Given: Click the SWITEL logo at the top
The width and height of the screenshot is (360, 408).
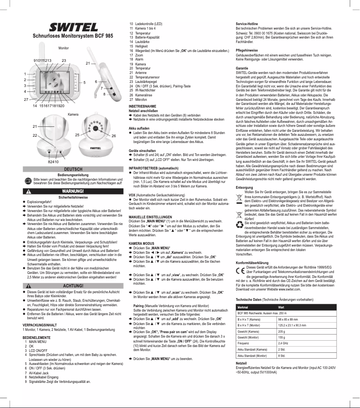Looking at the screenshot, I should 73,26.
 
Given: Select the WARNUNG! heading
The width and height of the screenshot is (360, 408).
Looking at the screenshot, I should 73,191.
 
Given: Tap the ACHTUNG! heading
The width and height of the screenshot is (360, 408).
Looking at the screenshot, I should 73,286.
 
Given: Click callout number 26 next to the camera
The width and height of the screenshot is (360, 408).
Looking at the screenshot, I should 114,135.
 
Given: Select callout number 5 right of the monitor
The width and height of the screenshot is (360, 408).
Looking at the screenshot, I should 84,82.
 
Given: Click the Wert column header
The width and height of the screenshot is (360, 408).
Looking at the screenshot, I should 281,307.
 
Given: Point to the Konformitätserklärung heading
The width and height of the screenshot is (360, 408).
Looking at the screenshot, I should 255,262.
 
